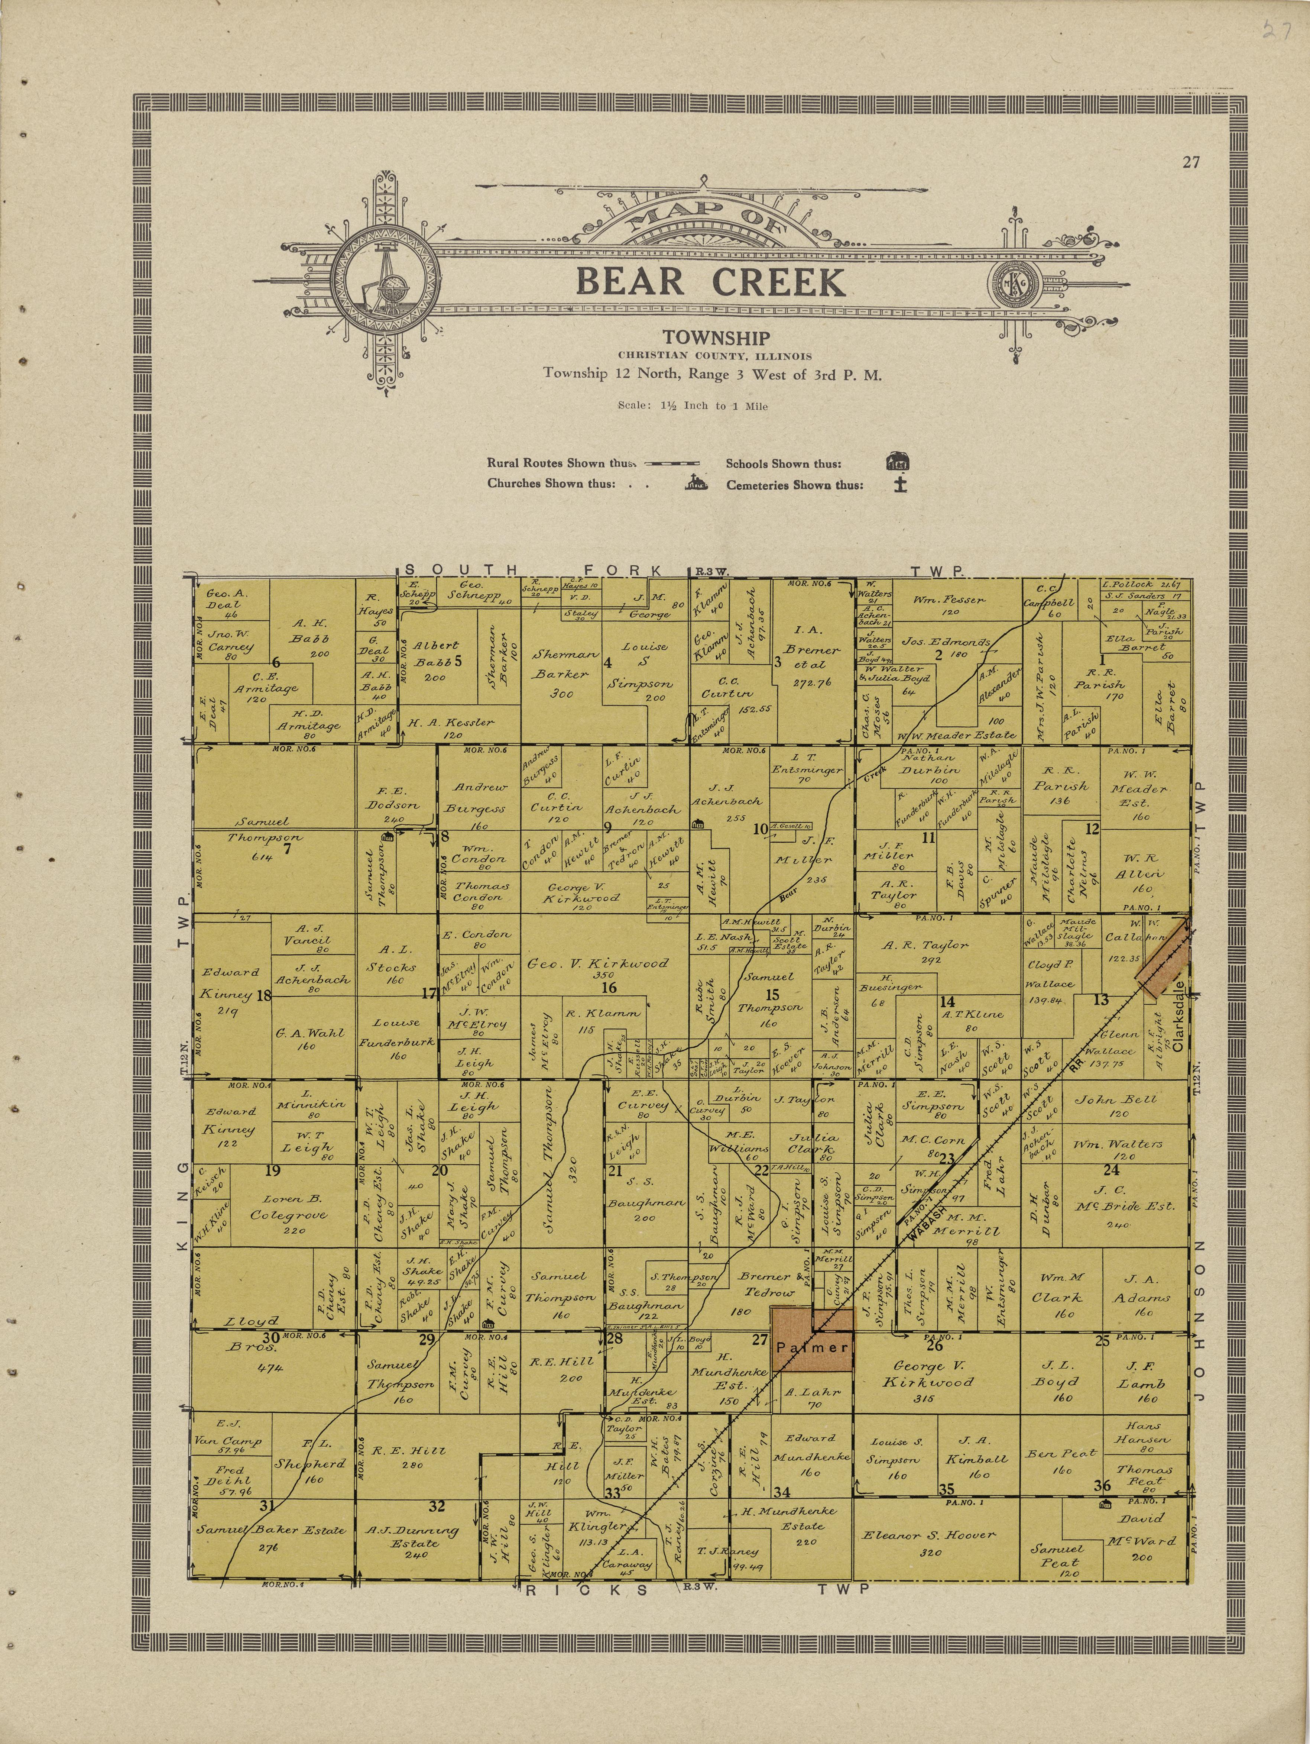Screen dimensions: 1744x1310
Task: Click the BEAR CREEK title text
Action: click(x=711, y=281)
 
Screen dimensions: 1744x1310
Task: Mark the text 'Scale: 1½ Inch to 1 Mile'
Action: click(x=693, y=406)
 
